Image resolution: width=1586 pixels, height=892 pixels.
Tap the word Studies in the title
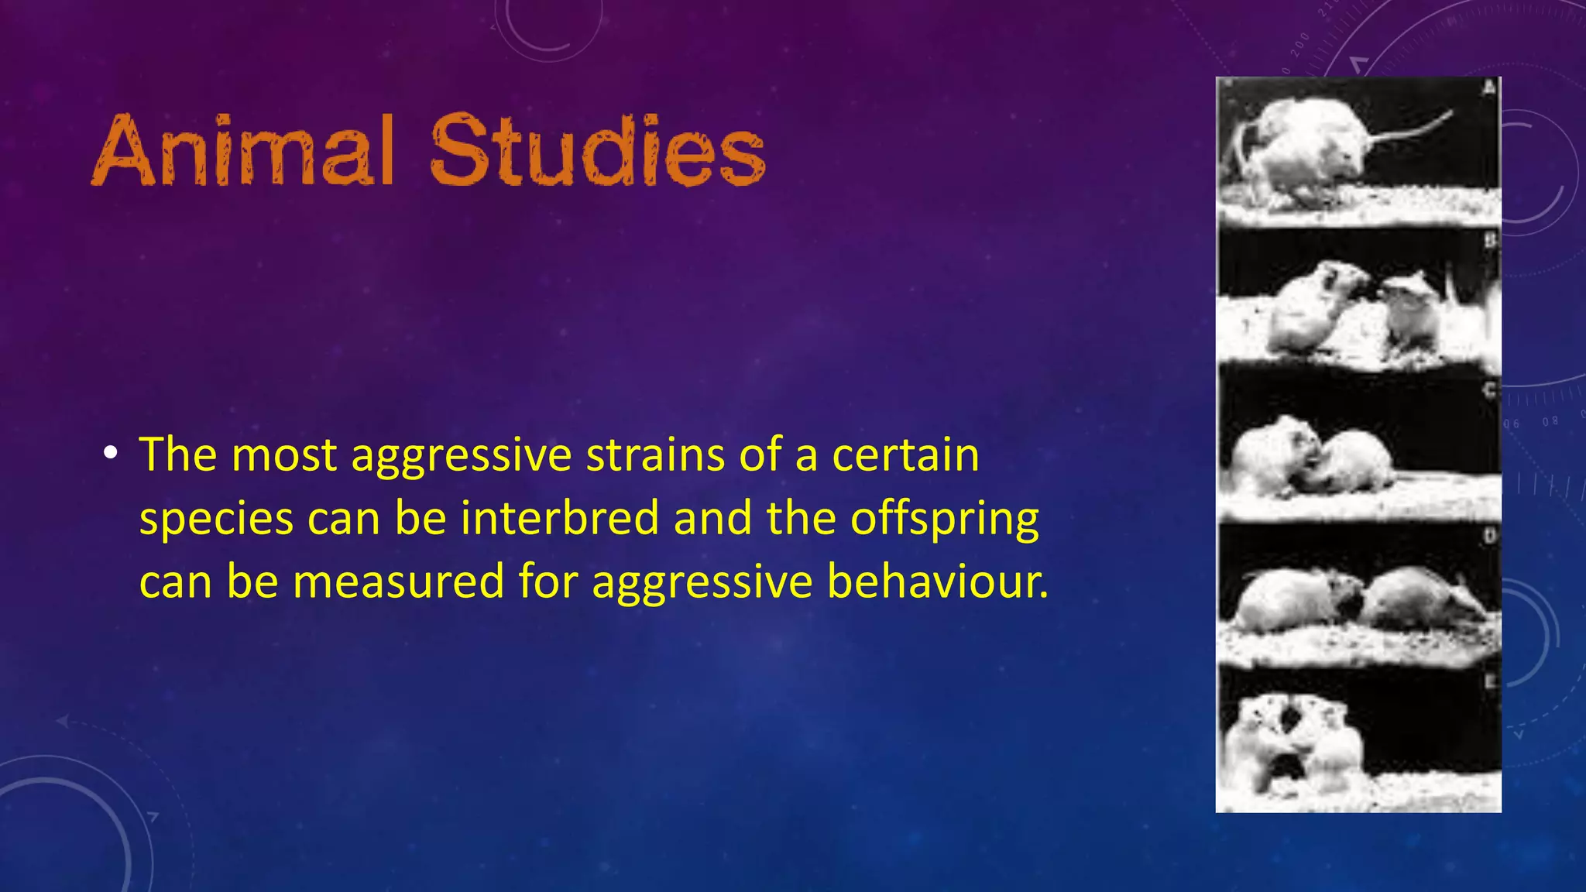click(x=597, y=150)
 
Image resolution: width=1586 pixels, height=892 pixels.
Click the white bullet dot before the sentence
click(x=112, y=453)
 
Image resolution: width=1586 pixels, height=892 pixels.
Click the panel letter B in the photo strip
click(x=1489, y=241)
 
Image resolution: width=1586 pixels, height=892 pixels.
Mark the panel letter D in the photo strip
click(x=1489, y=536)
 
